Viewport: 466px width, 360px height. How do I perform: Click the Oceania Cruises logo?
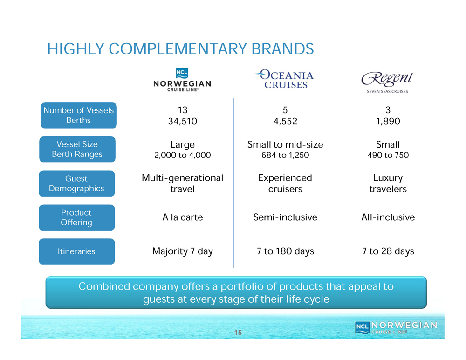click(285, 79)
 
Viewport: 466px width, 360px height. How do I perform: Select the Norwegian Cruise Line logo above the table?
click(182, 80)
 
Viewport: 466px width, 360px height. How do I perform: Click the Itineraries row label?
click(77, 251)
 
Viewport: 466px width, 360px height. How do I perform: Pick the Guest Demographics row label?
click(77, 183)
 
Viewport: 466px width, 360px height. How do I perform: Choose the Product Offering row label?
click(77, 217)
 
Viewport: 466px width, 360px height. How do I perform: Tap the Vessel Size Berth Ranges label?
click(77, 149)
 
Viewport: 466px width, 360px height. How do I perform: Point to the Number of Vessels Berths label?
click(79, 115)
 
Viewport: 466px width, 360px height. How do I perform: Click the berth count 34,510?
click(183, 121)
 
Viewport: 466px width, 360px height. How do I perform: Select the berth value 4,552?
click(285, 121)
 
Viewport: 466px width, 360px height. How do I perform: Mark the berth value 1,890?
click(388, 121)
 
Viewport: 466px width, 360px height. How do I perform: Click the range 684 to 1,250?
click(285, 155)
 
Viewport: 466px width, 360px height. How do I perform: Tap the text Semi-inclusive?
click(285, 217)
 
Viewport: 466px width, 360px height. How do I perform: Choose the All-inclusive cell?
click(388, 217)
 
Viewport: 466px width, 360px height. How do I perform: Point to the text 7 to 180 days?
click(285, 251)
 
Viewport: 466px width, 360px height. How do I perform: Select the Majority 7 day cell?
click(183, 251)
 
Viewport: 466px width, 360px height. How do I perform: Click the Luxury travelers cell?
click(388, 183)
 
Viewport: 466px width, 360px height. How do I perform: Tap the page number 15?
click(238, 333)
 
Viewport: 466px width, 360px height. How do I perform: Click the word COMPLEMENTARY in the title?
click(178, 49)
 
